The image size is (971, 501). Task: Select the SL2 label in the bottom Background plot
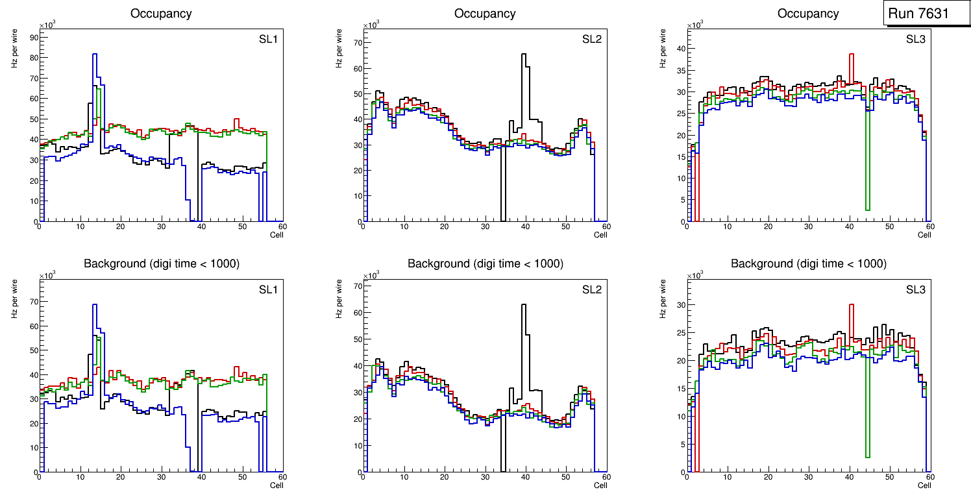pyautogui.click(x=591, y=289)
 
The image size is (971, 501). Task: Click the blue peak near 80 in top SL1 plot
pyautogui.click(x=95, y=55)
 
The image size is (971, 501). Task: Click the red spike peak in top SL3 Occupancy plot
pyautogui.click(x=852, y=55)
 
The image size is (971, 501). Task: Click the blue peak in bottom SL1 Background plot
pyautogui.click(x=95, y=305)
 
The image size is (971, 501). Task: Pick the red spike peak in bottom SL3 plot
pyautogui.click(x=852, y=304)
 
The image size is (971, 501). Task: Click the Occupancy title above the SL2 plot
pyautogui.click(x=485, y=14)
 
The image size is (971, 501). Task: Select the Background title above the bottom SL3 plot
pyautogui.click(x=808, y=263)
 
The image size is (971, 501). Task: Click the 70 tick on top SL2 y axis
pyautogui.click(x=356, y=43)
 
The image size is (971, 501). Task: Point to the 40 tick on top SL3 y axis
pyautogui.click(x=680, y=49)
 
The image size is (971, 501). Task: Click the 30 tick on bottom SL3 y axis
pyautogui.click(x=680, y=305)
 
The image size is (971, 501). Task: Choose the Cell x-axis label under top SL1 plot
pyautogui.click(x=277, y=235)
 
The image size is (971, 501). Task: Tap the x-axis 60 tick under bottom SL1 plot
pyautogui.click(x=282, y=476)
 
